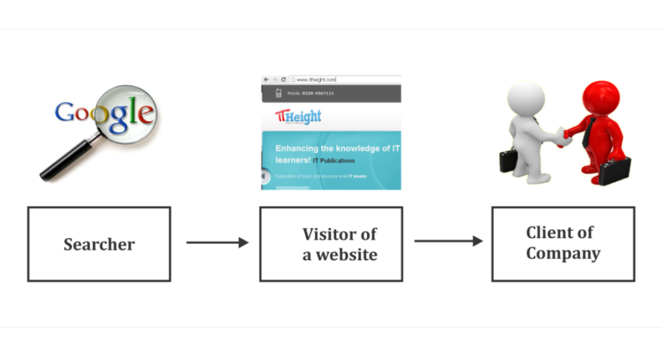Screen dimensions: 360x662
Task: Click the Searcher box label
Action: [x=99, y=244]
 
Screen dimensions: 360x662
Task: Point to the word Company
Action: [x=563, y=253]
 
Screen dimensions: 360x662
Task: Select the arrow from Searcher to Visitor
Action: [x=217, y=242]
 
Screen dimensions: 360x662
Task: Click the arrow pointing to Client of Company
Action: [x=448, y=241]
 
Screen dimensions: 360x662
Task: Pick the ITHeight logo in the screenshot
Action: [x=298, y=117]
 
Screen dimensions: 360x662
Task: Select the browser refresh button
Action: [x=283, y=79]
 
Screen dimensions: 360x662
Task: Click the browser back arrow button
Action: [x=266, y=79]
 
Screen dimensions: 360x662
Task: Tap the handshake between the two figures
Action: [x=564, y=134]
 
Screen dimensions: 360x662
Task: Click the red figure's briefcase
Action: [x=614, y=171]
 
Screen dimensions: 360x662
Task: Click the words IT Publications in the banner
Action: [x=334, y=160]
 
